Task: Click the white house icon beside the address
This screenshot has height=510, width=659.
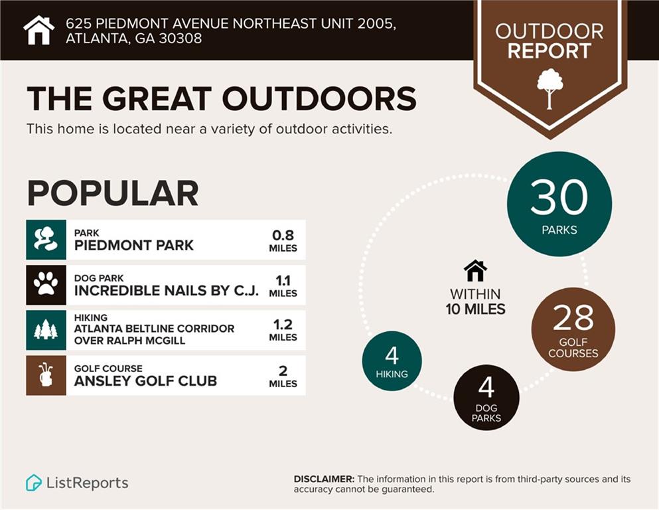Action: point(38,30)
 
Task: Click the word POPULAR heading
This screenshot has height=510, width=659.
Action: point(113,193)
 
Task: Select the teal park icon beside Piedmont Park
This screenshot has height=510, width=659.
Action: point(46,239)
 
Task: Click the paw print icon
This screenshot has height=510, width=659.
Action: point(46,285)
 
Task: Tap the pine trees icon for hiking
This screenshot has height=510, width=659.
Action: point(46,330)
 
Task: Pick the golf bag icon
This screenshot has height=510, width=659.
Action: point(46,375)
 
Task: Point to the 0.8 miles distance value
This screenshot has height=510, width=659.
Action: point(283,240)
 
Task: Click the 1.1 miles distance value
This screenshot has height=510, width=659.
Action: point(283,286)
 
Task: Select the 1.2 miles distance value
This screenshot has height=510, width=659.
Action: point(283,330)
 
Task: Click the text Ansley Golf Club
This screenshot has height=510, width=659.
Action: point(145,381)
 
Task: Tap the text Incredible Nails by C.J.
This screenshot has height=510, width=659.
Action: point(167,291)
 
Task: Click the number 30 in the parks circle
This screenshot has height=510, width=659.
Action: point(559,197)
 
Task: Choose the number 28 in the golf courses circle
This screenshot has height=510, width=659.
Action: point(573,318)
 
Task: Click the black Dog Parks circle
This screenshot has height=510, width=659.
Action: point(486,397)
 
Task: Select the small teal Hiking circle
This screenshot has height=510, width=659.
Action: point(392,361)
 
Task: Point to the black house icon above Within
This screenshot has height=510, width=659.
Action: point(475,270)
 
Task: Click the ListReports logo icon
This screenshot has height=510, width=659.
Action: point(34,483)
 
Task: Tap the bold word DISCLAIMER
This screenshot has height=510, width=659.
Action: point(324,479)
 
